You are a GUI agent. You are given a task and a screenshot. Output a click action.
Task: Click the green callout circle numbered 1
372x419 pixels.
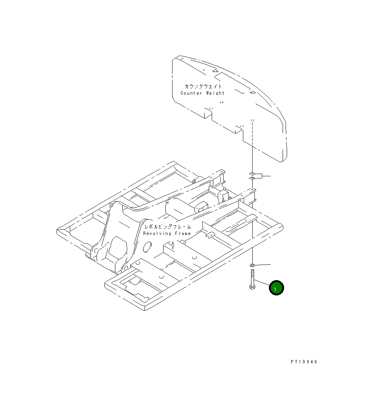[276, 288]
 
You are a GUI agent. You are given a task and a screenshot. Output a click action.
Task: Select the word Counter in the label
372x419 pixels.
[191, 93]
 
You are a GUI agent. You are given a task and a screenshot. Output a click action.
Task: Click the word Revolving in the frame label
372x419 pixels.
[157, 233]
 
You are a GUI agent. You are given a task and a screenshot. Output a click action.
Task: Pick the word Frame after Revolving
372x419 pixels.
[183, 233]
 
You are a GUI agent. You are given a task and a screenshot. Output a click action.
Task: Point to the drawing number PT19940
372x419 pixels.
[304, 362]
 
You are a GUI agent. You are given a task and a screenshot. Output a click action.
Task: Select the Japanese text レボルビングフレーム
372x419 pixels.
[168, 226]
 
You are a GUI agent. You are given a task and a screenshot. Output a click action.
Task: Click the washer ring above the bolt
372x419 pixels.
[252, 265]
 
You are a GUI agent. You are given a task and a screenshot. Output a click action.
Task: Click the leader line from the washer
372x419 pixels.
[263, 265]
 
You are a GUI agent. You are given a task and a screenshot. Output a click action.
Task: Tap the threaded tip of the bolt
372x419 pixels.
[252, 273]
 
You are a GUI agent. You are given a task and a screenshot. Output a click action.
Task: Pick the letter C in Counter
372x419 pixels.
[182, 93]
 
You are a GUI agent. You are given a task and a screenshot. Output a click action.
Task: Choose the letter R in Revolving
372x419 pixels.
[145, 233]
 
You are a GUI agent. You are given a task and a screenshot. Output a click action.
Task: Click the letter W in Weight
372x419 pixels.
[207, 93]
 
